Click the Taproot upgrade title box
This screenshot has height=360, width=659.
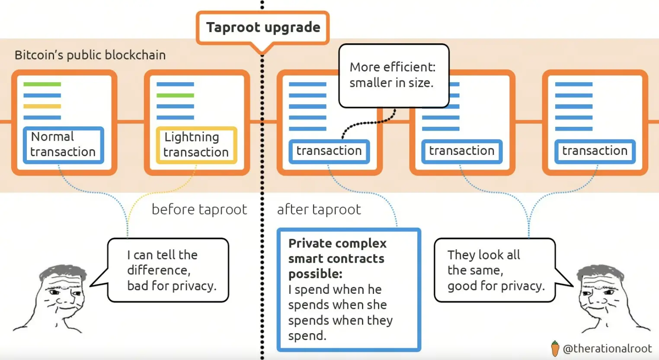pos(263,28)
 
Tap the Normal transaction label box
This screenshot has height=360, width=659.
pos(63,145)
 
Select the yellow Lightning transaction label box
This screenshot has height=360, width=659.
pos(196,145)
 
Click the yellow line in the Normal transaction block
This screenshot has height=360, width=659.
pos(42,106)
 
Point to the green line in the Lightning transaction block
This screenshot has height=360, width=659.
pos(175,95)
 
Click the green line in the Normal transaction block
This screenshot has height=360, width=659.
pos(42,84)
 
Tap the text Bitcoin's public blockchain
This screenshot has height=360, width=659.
pos(90,55)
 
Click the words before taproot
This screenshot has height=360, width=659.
pos(199,209)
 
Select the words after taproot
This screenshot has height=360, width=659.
pos(319,209)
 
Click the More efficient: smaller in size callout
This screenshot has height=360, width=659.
pos(393,75)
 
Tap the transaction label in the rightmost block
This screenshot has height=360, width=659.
pos(595,151)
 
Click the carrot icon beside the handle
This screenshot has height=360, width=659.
pos(555,348)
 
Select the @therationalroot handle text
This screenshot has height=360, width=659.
pos(607,348)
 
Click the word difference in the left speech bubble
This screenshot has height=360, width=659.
pos(158,270)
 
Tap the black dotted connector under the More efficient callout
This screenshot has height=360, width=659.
pos(368,124)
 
